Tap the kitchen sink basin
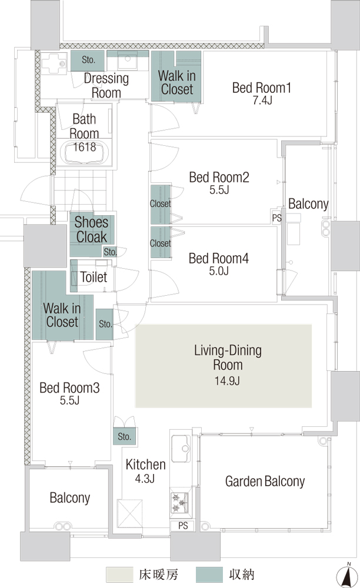pos(181,449)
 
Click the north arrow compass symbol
pos(347,575)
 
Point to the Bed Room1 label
pos(261,88)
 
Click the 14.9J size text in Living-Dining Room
pos(227,381)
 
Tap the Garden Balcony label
pos(265,481)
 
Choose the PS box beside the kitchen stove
pos(182,525)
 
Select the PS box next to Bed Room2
pos(276,218)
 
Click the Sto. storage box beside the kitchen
pos(125,436)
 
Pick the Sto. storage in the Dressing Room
pos(88,61)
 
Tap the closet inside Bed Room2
pos(161,204)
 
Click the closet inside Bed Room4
pos(161,242)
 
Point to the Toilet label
pos(94,277)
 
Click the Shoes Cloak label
pos(91,229)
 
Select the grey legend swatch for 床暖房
pos(119,574)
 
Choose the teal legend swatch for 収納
pos(209,574)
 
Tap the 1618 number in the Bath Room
pos(84,147)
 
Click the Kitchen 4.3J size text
pos(145,479)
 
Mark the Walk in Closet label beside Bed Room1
pos(177,82)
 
